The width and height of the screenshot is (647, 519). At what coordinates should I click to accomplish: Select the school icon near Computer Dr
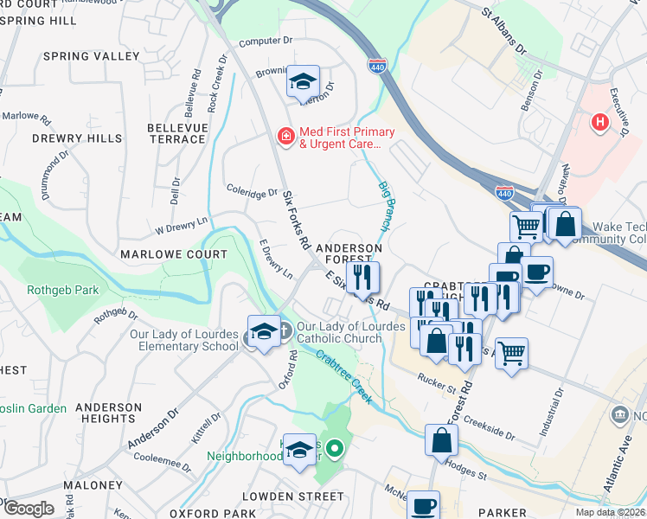coord(303,81)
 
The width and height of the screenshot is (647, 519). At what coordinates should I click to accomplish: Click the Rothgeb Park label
coord(63,291)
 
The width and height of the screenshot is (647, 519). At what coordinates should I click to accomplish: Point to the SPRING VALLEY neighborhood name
coord(91,56)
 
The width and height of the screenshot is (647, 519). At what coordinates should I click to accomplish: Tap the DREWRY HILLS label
coord(77,138)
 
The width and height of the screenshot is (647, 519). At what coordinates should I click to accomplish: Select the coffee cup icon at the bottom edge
coord(423,505)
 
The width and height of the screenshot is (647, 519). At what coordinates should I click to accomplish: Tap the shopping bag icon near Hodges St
coord(442,439)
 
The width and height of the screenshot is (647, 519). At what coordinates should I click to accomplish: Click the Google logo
coord(29,509)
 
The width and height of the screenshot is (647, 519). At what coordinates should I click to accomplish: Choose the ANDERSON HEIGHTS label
coord(108,413)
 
